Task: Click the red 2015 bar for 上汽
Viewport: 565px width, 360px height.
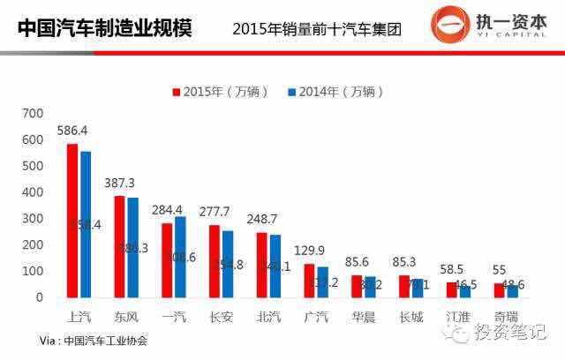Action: (72, 221)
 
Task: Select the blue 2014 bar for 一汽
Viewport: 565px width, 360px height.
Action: (181, 257)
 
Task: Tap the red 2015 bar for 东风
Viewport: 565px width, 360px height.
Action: (120, 246)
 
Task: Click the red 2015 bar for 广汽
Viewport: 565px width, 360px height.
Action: (309, 281)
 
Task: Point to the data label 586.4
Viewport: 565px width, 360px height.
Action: (73, 130)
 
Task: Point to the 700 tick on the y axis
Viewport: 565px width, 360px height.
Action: (33, 113)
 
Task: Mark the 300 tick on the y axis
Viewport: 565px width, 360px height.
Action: (33, 218)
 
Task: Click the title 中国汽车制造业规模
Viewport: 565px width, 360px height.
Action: (106, 28)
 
